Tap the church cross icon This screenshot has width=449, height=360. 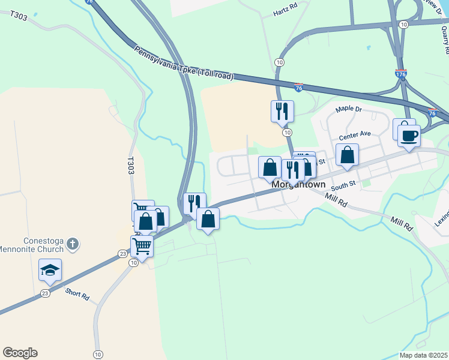[72, 244]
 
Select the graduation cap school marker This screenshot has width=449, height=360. [50, 270]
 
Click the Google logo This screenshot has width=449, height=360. [20, 353]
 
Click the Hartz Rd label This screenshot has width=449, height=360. [285, 11]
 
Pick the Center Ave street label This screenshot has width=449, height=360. [355, 136]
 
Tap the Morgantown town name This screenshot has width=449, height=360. [298, 185]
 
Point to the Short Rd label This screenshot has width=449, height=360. [77, 295]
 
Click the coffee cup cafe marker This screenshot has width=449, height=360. [409, 136]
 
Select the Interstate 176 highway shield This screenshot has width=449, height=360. [402, 74]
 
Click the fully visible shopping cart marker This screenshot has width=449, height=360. [142, 245]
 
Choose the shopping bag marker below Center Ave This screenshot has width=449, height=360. [347, 155]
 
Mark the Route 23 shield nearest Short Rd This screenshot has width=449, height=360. [45, 293]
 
